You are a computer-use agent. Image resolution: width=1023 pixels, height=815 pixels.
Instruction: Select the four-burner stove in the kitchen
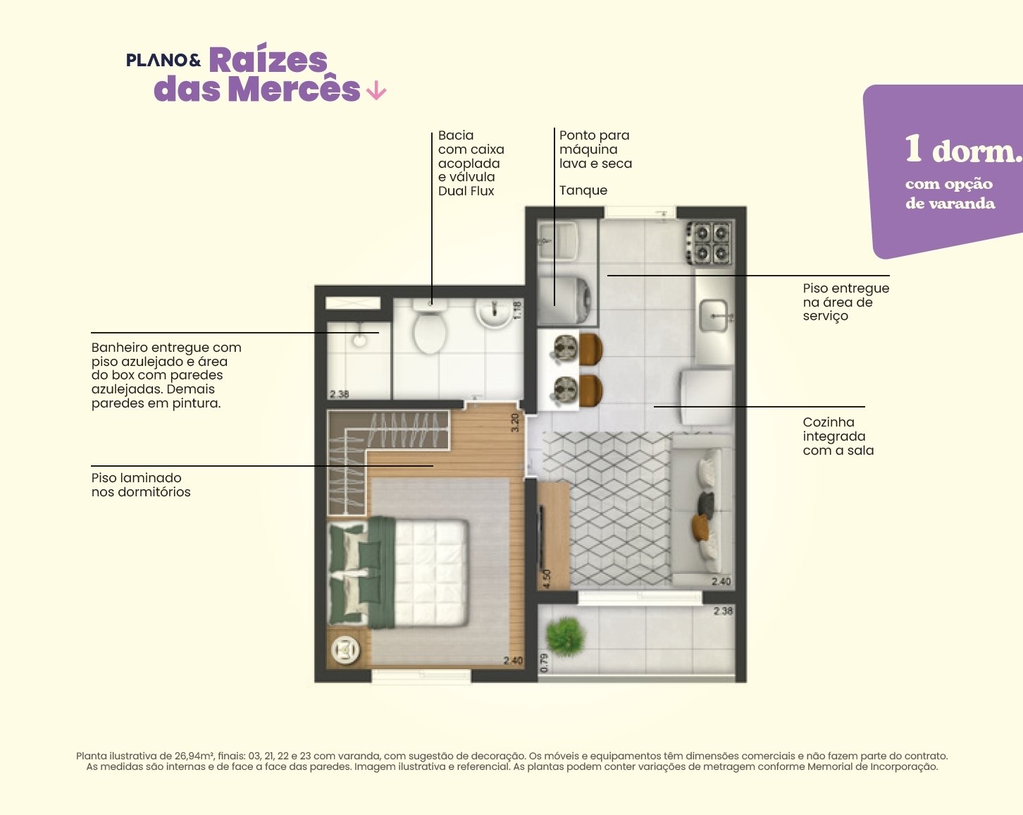pyautogui.click(x=709, y=243)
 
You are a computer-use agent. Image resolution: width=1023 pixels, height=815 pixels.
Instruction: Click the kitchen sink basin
pyautogui.click(x=714, y=315)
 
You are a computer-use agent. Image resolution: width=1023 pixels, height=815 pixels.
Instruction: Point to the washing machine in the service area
pyautogui.click(x=566, y=300)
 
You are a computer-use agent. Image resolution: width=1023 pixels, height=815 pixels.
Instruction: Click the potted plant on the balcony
pyautogui.click(x=565, y=636)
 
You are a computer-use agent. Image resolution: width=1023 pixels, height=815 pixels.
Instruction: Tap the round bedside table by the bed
pyautogui.click(x=345, y=649)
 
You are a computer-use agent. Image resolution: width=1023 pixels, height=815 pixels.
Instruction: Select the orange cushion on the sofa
pyautogui.click(x=700, y=527)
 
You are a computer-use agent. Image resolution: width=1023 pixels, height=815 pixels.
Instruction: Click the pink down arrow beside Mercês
pyautogui.click(x=376, y=90)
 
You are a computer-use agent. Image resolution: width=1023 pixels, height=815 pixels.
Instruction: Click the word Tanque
pyautogui.click(x=583, y=190)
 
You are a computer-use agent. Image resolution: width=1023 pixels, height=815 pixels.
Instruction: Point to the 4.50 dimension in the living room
pyautogui.click(x=546, y=579)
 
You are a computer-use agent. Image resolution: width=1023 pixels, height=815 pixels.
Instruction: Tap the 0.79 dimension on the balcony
pyautogui.click(x=545, y=663)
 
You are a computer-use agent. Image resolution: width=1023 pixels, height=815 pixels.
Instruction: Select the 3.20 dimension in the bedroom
pyautogui.click(x=515, y=422)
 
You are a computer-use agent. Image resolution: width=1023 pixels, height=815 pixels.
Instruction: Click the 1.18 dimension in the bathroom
pyautogui.click(x=518, y=310)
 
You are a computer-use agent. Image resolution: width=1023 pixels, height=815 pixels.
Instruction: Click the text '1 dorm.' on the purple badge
pyautogui.click(x=963, y=150)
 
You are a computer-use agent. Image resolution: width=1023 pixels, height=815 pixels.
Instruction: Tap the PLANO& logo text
pyautogui.click(x=163, y=60)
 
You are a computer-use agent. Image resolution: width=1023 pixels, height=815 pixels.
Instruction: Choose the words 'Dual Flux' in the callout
pyautogui.click(x=466, y=191)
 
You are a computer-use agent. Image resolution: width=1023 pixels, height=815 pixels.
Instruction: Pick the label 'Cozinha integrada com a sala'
pyautogui.click(x=838, y=436)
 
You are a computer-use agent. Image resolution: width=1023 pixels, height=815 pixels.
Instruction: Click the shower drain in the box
pyautogui.click(x=359, y=341)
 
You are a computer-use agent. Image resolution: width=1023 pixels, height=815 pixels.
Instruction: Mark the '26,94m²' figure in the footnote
pyautogui.click(x=195, y=756)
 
